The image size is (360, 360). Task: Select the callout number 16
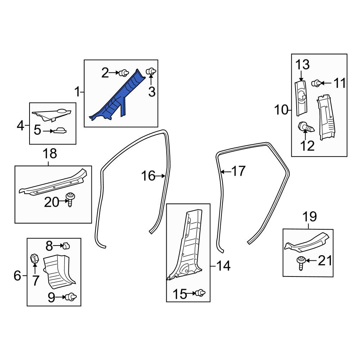tap(148, 176)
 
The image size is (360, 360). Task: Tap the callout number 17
tap(239, 171)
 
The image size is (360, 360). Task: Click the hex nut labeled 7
tap(34, 259)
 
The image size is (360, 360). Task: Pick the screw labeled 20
tap(70, 200)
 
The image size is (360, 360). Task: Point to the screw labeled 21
tap(301, 264)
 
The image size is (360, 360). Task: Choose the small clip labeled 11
tap(316, 83)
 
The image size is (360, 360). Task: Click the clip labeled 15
tap(201, 293)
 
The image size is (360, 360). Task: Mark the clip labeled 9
tap(71, 297)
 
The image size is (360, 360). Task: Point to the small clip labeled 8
tap(66, 246)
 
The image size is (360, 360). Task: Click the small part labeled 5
tap(60, 131)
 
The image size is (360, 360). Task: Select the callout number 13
tap(302, 64)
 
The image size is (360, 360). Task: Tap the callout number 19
tap(310, 216)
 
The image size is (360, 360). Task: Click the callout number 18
tap(50, 154)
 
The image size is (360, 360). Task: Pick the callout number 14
tap(223, 266)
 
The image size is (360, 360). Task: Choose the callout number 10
tap(281, 109)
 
